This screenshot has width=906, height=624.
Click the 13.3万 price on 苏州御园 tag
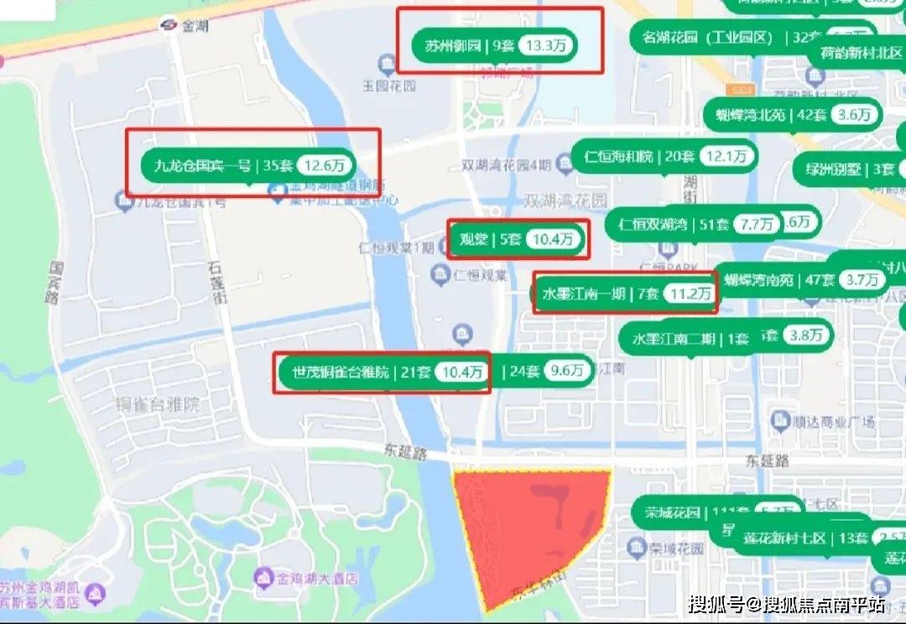point(546,45)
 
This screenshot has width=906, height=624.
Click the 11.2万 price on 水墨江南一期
point(690,294)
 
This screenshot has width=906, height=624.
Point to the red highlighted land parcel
point(528,528)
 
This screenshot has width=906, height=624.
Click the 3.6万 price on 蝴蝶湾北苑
point(854,115)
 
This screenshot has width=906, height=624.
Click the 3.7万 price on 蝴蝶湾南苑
point(862,279)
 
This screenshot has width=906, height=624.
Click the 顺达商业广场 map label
point(827,420)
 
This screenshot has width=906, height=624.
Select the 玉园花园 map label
point(388,86)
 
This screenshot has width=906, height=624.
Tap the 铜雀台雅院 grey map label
point(158,404)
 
